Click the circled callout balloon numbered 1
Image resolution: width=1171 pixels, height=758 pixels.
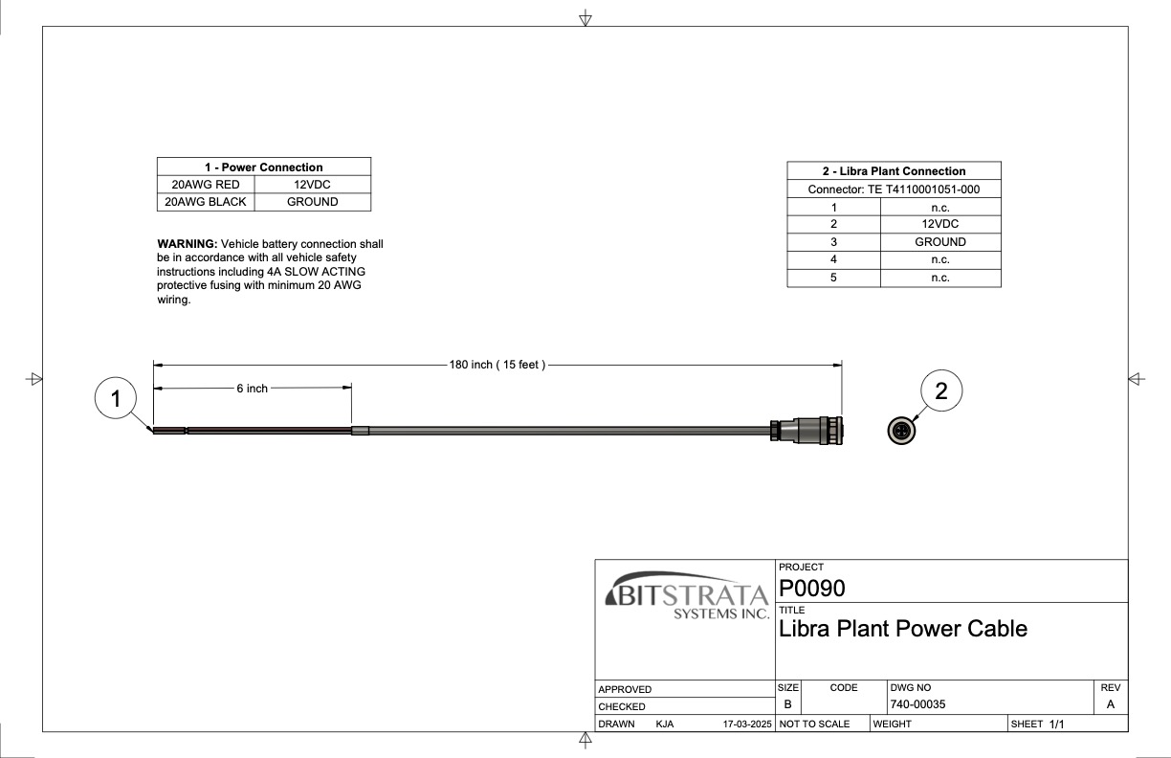coord(117,399)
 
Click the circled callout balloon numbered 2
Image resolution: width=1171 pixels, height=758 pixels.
coord(940,390)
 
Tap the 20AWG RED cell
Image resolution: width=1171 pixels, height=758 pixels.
coord(206,185)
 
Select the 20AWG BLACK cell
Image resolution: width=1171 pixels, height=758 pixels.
coord(206,202)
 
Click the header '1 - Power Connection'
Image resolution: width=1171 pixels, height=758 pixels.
coord(263,167)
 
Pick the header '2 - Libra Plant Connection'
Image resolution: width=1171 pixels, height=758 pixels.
coord(894,171)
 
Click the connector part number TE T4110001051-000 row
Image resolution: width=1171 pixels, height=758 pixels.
coord(894,189)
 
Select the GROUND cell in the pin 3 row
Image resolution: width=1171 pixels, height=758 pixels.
coord(939,242)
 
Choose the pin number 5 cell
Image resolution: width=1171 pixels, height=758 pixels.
coord(833,278)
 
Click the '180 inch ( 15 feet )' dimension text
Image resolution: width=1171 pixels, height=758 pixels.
coord(497,365)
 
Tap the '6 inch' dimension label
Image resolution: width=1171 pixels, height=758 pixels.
coord(253,389)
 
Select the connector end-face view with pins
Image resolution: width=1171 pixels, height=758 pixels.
coord(901,432)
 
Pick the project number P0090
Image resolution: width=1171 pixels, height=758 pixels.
coord(812,588)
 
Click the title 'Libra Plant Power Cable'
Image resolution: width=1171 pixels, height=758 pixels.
coord(903,629)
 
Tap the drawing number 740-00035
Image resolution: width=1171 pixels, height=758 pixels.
coord(917,704)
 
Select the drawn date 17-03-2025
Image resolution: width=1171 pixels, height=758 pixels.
coord(747,725)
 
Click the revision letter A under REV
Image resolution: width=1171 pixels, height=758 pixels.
coord(1110,704)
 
